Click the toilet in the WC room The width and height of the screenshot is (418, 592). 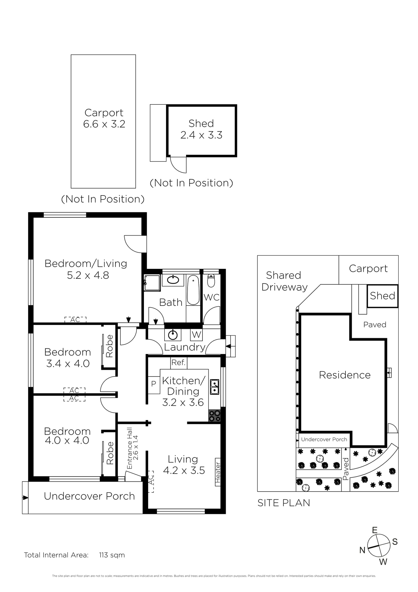211,280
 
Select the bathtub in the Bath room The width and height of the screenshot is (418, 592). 193,290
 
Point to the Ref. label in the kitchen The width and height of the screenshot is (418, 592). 179,363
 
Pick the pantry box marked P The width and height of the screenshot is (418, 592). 154,384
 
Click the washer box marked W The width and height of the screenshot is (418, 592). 196,335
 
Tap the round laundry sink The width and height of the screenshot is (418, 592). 173,335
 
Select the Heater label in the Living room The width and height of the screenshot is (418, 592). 218,472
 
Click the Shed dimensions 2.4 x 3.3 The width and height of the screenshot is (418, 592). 201,135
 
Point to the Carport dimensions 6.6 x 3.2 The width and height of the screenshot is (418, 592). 104,124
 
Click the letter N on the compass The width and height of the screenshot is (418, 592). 362,550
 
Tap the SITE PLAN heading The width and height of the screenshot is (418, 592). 284,503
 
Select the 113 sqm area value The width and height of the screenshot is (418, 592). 112,555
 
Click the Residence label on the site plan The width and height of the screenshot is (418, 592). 345,375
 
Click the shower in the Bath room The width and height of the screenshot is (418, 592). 152,283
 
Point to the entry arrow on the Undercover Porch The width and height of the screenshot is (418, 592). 26,498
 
